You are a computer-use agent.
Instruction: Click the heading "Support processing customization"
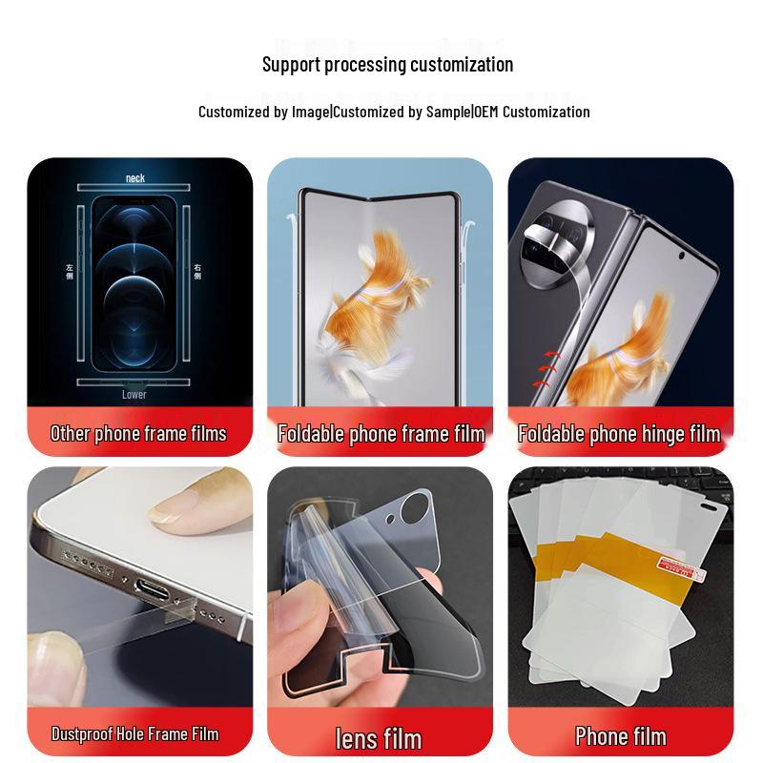(x=387, y=65)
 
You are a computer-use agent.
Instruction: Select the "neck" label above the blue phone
(x=135, y=178)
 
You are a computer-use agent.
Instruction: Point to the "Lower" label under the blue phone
(x=134, y=394)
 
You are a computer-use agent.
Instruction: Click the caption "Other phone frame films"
(x=138, y=434)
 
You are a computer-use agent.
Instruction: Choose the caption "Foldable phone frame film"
(x=381, y=434)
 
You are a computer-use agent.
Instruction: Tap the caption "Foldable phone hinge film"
(x=619, y=434)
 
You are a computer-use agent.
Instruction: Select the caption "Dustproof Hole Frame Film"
(x=134, y=733)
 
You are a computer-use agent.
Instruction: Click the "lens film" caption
(x=379, y=737)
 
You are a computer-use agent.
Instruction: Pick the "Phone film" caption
(x=621, y=735)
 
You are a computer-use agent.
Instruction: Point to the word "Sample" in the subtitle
(x=447, y=112)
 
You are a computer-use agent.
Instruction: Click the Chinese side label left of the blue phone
(x=70, y=271)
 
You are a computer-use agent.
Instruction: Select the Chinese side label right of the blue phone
(x=197, y=271)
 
